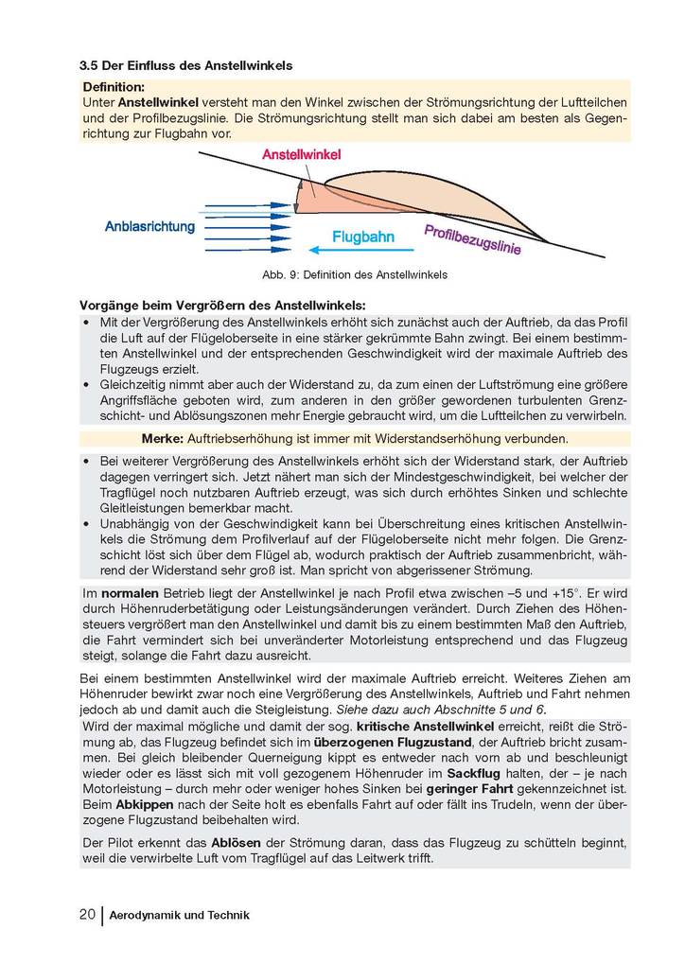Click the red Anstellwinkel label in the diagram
[301, 154]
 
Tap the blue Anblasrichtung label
[149, 227]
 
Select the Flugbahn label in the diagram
[362, 237]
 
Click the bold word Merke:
[163, 439]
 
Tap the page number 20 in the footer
[86, 915]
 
